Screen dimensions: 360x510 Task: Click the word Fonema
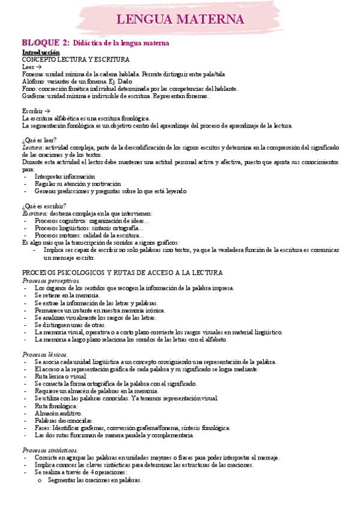[x=32, y=74]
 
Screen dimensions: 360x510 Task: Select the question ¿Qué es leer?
[x=39, y=140]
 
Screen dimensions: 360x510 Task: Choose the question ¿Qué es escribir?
[x=44, y=206]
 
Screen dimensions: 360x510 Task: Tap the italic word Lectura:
[x=33, y=148]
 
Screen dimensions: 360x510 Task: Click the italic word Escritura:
[x=35, y=214]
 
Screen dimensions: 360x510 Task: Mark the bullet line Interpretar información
[x=64, y=177]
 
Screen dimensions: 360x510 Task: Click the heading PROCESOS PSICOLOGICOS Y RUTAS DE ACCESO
[x=123, y=272]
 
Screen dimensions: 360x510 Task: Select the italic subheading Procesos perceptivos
[x=51, y=280]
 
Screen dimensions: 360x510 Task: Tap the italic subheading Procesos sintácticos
[x=50, y=450]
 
